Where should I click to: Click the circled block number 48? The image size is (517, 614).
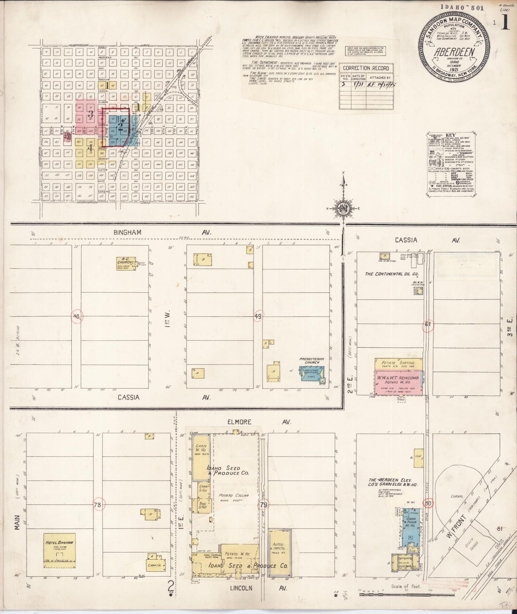77,316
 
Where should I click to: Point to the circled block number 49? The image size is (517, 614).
258,316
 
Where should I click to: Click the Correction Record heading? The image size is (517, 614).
366,68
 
